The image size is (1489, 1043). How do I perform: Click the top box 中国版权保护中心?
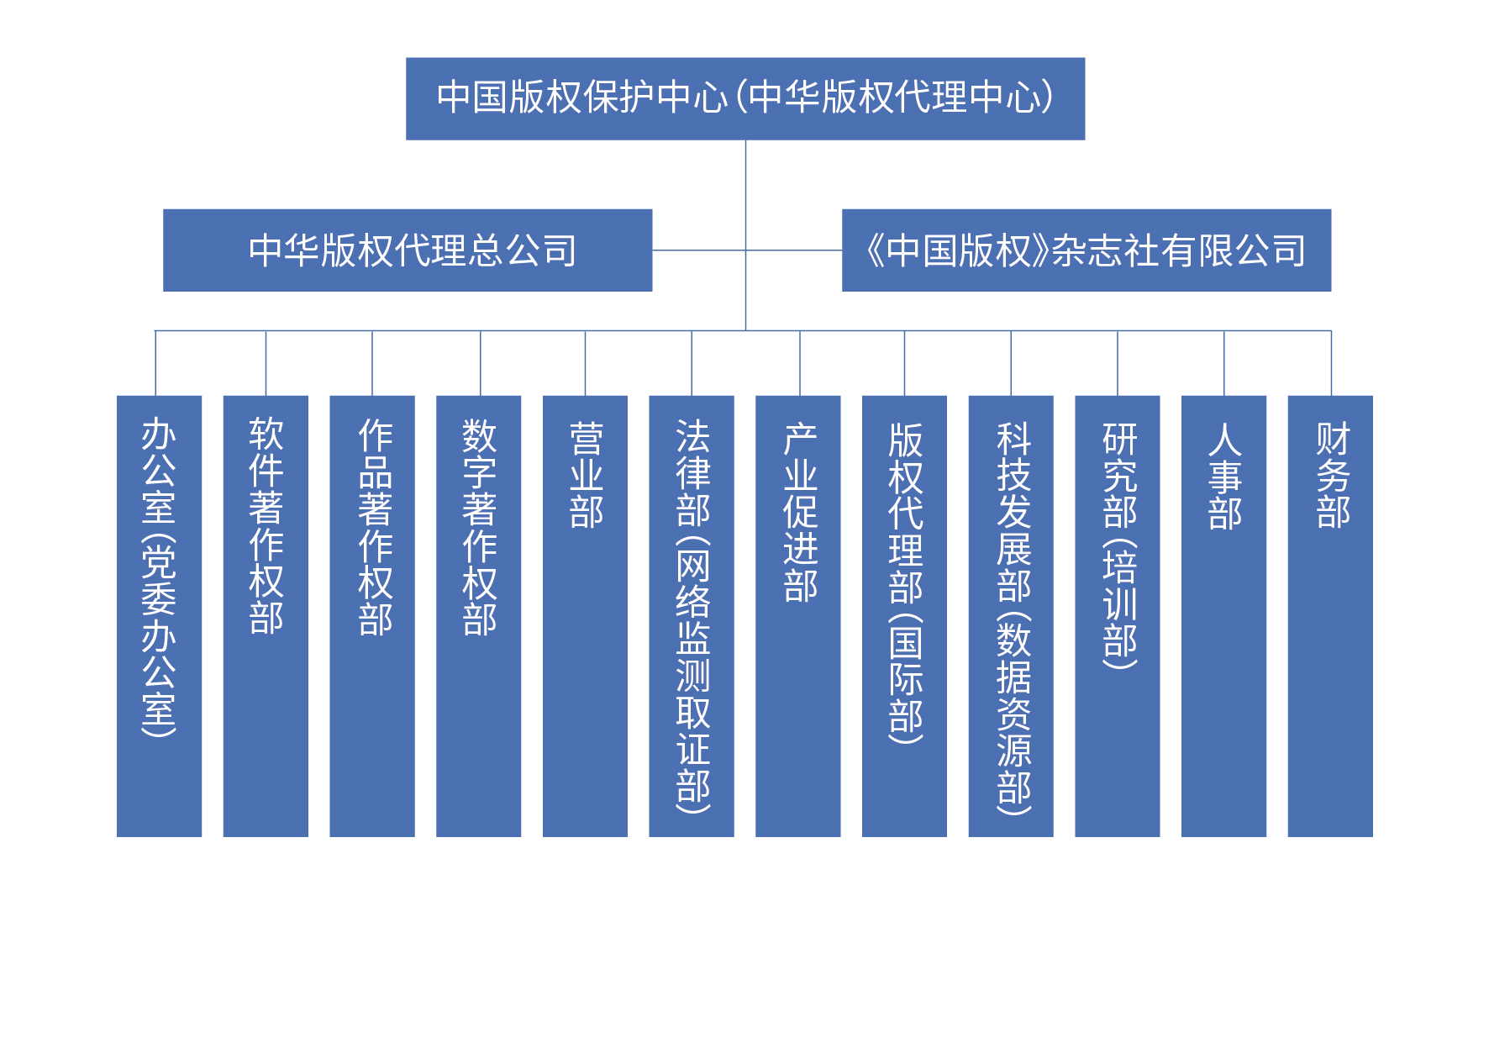(744, 98)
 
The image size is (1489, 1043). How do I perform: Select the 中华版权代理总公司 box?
(408, 250)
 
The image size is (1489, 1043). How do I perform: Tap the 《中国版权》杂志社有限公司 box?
(1086, 250)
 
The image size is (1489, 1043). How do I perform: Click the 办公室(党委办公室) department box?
(159, 615)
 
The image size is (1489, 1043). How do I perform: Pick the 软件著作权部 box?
(266, 615)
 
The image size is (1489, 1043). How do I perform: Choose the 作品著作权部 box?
(372, 615)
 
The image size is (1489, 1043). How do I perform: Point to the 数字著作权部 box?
(478, 615)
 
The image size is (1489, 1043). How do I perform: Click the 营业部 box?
(585, 615)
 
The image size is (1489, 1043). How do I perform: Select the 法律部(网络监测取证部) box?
(692, 615)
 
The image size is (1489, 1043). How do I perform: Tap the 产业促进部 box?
(798, 615)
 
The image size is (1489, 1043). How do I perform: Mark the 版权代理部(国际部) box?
(904, 615)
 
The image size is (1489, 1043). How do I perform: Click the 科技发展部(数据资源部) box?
(1011, 615)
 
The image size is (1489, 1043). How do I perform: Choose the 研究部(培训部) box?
(1118, 615)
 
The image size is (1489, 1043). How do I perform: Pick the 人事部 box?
(1223, 615)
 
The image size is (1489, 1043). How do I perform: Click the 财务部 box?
(1330, 615)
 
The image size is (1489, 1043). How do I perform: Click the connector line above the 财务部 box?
(1331, 363)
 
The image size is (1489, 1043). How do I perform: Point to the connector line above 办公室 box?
(155, 363)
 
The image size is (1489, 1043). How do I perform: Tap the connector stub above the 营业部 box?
(586, 363)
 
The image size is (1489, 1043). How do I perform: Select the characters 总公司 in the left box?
(523, 250)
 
